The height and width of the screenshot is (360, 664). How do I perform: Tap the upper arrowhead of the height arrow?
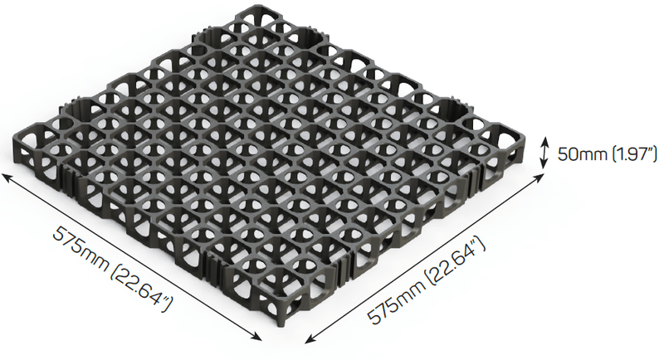tap(544, 141)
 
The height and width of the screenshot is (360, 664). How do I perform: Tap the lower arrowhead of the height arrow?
tap(544, 167)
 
